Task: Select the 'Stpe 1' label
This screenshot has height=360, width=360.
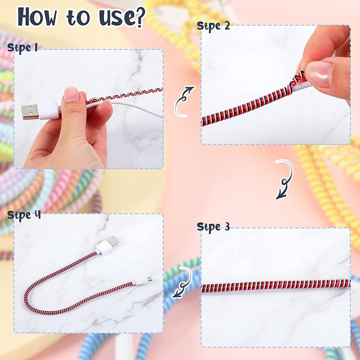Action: pyautogui.click(x=22, y=47)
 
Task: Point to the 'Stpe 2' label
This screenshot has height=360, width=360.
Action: pyautogui.click(x=213, y=26)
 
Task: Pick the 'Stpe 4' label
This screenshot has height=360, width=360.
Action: pyautogui.click(x=24, y=215)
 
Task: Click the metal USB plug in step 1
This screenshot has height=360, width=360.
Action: pyautogui.click(x=30, y=112)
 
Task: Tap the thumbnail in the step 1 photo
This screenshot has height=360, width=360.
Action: pyautogui.click(x=72, y=94)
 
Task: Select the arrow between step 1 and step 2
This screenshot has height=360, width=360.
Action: pyautogui.click(x=184, y=102)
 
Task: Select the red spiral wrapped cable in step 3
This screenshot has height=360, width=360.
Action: pyautogui.click(x=275, y=284)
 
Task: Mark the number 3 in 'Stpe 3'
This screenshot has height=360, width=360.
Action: pyautogui.click(x=227, y=227)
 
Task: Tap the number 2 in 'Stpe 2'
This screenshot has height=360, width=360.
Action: pyautogui.click(x=226, y=26)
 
